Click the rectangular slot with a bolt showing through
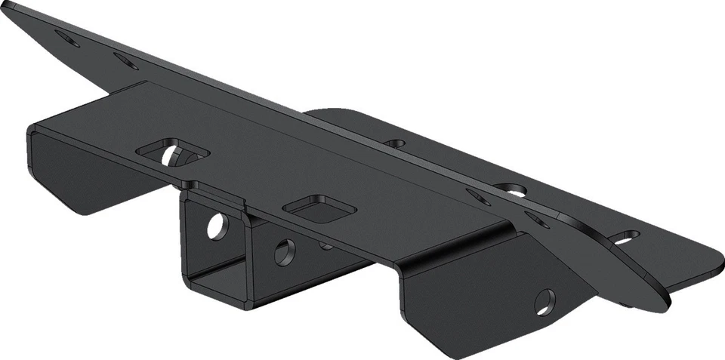click(x=173, y=152)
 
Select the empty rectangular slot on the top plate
click(x=317, y=208)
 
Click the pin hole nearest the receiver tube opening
click(x=216, y=225)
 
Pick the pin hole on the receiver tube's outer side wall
click(x=284, y=251)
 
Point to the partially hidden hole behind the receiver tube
click(x=325, y=245)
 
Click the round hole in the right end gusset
click(x=545, y=302)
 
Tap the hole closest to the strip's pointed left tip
click(x=67, y=38)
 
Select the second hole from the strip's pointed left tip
click(x=126, y=60)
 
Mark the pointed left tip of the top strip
click(x=9, y=6)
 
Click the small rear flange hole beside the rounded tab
click(x=394, y=142)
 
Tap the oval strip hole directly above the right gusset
click(x=538, y=220)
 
